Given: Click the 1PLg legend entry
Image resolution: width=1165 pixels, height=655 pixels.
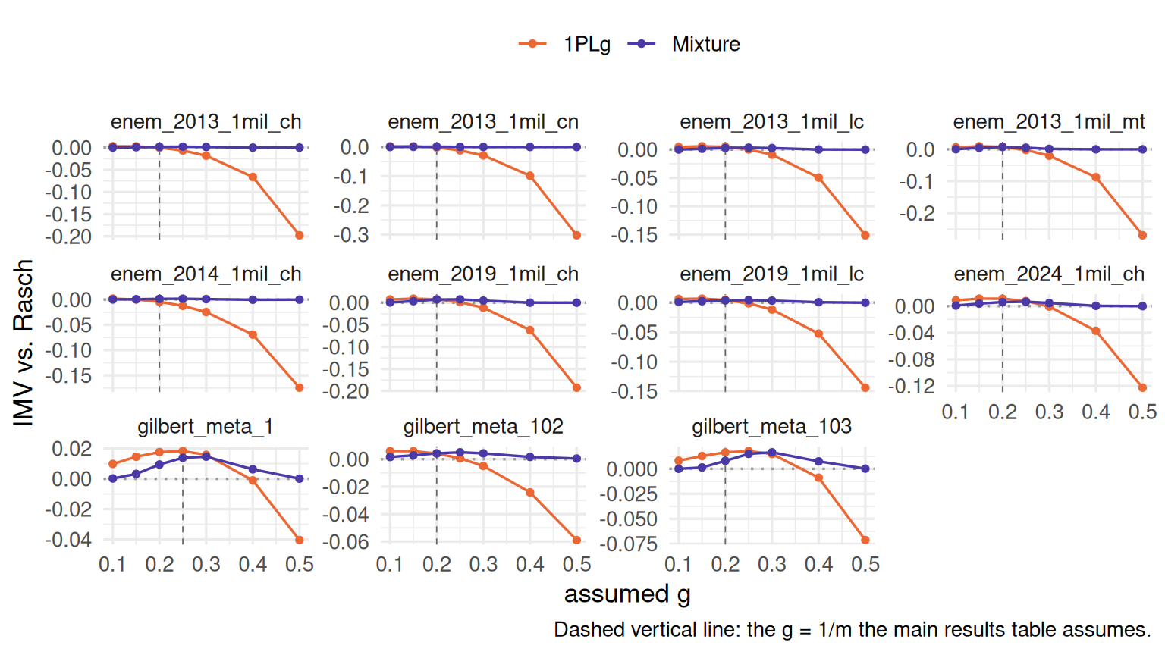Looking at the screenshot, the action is pos(564,44).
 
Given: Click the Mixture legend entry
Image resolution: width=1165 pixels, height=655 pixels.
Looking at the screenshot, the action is pos(683,44).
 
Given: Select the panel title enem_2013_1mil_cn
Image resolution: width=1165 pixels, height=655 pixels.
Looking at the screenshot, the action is pos(483,121).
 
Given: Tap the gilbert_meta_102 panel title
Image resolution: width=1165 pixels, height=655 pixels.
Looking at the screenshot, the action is pos(483,426).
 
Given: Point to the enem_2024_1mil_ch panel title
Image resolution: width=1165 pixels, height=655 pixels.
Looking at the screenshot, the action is pos(1049,274).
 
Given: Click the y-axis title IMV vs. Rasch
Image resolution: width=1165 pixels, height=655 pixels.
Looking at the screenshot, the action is pos(24,343).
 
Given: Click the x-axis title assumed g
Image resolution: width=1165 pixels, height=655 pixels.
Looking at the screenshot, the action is pos(627,594).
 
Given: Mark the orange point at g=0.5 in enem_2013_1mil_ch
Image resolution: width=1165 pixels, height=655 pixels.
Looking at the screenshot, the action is pos(300,236).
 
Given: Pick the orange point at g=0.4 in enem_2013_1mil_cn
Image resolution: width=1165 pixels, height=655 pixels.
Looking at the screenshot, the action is pos(530,176).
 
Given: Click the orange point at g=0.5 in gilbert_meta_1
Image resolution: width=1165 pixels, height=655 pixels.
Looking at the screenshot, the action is pos(300,540).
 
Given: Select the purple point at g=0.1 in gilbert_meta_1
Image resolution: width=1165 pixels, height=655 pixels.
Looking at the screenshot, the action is pos(113,478).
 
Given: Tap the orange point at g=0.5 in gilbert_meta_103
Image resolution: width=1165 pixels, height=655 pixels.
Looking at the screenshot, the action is pos(865,540).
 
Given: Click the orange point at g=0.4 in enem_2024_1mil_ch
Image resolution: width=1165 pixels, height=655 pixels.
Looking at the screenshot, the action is pos(1096,331).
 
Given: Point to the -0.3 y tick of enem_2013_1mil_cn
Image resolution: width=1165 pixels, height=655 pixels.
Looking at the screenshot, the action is pos(351,236).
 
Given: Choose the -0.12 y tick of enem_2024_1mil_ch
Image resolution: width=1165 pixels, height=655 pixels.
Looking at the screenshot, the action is pos(912,386).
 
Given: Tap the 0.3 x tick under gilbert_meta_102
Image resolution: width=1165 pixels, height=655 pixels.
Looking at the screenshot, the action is pos(483,565).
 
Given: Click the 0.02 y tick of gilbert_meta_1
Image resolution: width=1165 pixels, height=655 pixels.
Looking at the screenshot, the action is pos(72,449).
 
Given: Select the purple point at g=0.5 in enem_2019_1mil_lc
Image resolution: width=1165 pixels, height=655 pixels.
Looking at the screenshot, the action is pos(865,302).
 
